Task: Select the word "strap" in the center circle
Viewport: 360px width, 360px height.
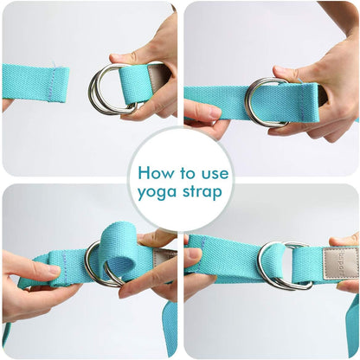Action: tap(202, 191)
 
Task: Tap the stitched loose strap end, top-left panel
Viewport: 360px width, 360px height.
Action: tap(36, 83)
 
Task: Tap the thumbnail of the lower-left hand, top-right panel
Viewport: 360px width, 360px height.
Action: tap(215, 112)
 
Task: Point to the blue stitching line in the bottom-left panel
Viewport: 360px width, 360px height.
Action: tap(65, 269)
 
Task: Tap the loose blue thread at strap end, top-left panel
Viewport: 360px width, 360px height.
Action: tap(54, 64)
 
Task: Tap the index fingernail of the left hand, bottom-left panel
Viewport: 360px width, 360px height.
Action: tap(54, 270)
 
